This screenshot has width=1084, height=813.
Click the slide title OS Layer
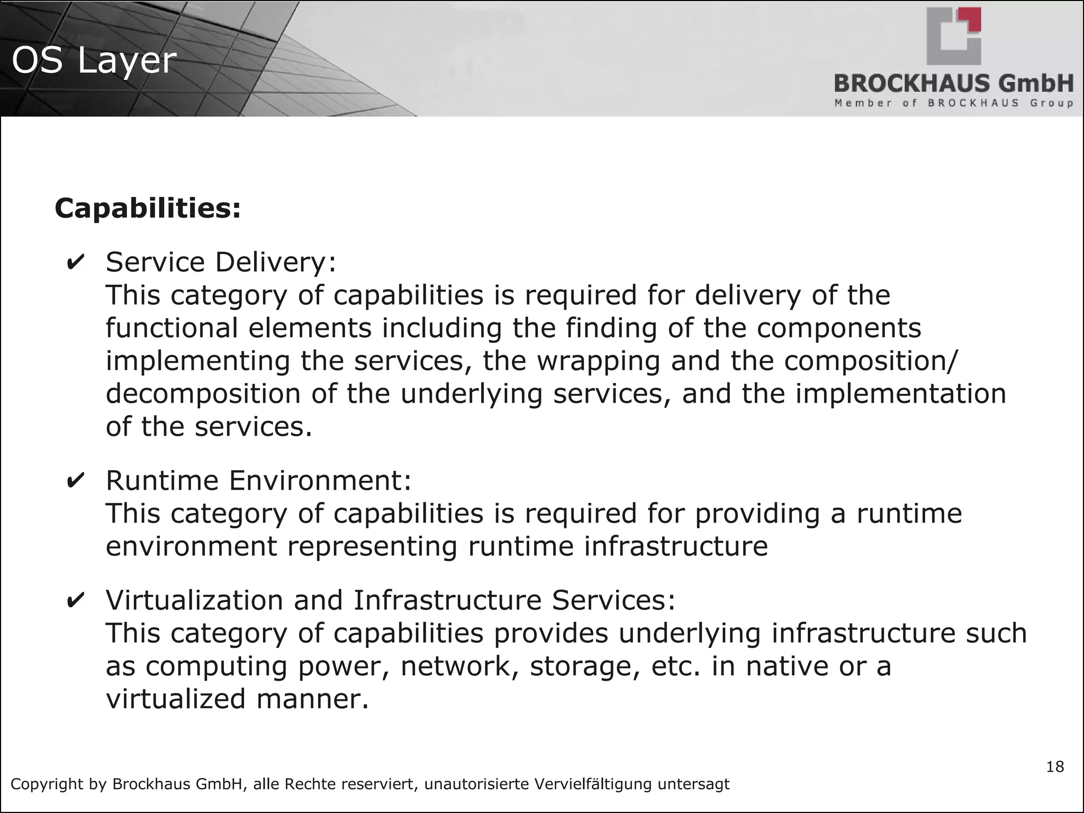pos(94,60)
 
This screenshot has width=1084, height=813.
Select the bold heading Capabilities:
pos(148,208)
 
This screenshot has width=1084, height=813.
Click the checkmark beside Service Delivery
pos(76,263)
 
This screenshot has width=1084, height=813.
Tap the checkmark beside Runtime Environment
pos(76,481)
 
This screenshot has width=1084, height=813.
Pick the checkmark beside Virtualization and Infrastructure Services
pos(76,601)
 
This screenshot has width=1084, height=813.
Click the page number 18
pos(1055,767)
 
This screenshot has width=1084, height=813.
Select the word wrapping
pos(599,362)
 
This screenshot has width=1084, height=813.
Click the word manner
pos(312,699)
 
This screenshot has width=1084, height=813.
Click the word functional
pos(172,328)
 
